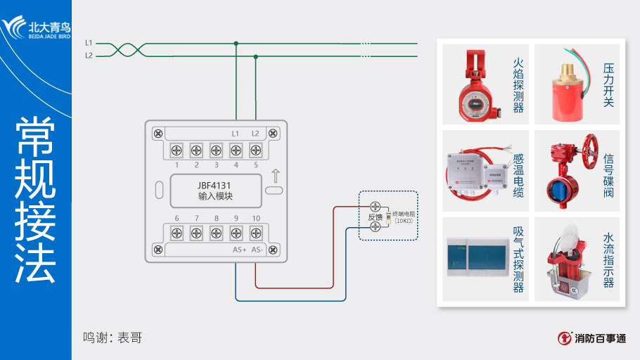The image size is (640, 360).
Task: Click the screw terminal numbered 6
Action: pos(177,233)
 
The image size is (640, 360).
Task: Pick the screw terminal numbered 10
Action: pos(255,233)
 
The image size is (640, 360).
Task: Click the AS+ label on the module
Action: pos(239,250)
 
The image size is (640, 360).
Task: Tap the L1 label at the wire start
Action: pos(89,43)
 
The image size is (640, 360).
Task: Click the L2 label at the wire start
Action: pos(89,56)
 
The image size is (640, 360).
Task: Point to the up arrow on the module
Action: pos(275,175)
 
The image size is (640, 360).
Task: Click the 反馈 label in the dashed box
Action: pos(375,217)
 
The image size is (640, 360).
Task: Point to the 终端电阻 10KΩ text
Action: pos(403,217)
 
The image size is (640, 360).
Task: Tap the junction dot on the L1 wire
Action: pos(236,43)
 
